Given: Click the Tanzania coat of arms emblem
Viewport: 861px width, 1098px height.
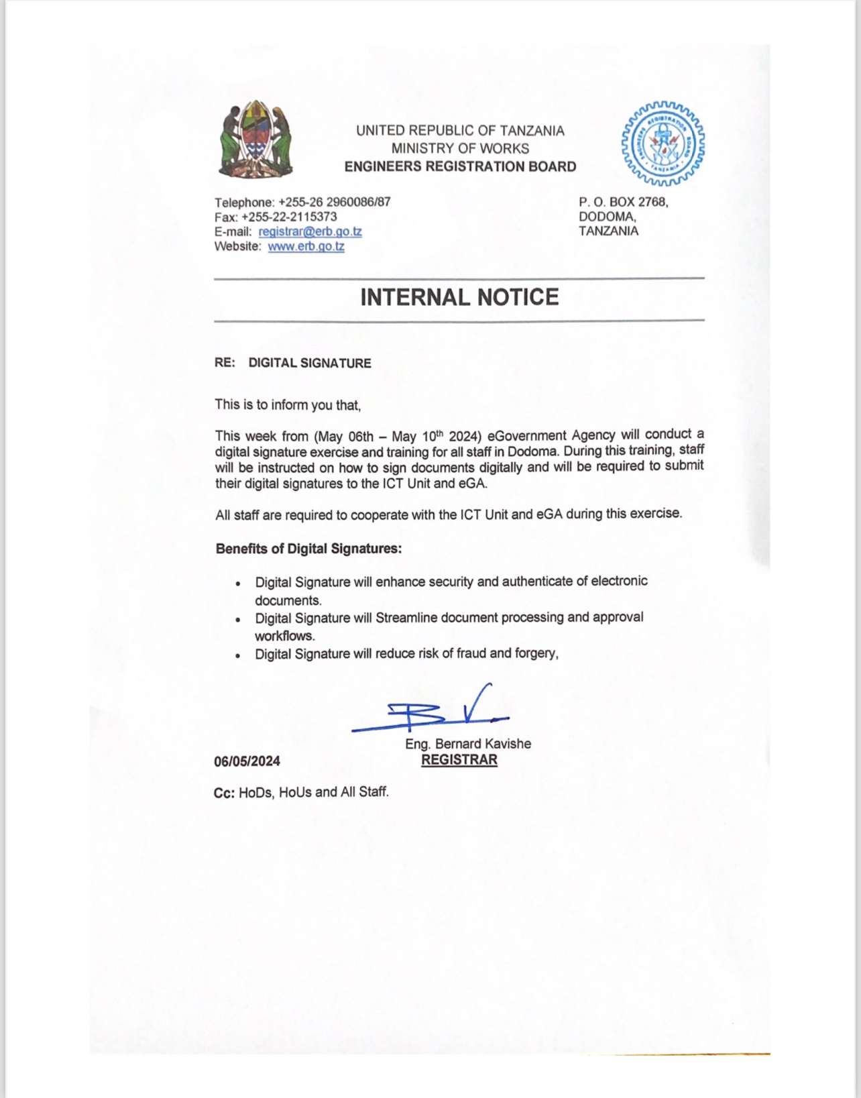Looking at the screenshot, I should (255, 140).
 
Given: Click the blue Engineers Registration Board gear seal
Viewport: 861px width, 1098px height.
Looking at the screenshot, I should (663, 144).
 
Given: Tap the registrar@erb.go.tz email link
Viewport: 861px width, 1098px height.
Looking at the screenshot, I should (310, 231).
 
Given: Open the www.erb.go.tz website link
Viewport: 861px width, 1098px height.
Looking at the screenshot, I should (306, 246).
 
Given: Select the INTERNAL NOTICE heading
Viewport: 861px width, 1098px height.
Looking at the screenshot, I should (459, 297).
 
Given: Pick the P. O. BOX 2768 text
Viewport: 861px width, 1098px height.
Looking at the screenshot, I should (623, 202).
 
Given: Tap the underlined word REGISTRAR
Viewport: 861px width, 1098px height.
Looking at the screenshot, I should (459, 760).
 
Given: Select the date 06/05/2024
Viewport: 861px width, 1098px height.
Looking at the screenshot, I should (247, 761).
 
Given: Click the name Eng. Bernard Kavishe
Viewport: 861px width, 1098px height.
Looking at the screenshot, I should (468, 744).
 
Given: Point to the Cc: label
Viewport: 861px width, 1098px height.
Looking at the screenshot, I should (224, 793).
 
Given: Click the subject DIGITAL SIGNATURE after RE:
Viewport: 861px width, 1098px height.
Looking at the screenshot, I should (310, 363).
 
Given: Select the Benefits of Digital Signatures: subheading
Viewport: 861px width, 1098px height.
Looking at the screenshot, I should (308, 549).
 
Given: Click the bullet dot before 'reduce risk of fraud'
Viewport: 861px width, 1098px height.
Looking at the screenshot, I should (238, 655).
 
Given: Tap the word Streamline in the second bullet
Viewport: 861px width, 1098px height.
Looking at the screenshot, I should (406, 617).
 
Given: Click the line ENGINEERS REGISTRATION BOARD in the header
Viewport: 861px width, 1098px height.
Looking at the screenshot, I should (460, 166).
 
